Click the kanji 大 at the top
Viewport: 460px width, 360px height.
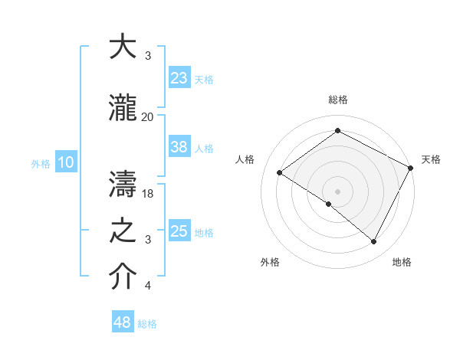coord(123,47)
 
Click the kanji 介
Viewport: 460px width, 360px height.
coord(123,277)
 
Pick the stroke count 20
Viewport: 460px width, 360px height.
coord(147,116)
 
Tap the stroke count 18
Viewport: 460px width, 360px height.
coord(149,194)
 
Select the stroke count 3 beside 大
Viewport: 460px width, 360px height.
coord(148,56)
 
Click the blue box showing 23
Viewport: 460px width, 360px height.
coord(179,77)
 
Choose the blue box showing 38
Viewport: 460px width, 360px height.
coord(179,147)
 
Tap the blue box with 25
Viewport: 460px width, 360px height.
coord(179,231)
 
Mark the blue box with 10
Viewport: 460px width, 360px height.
coord(65,162)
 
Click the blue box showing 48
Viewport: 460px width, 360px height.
coord(123,322)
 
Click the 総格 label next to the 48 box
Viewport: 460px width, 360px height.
coord(147,324)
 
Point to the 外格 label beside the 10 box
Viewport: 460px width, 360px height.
coord(40,163)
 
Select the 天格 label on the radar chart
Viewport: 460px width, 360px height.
coord(431,159)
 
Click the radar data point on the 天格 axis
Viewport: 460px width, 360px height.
coord(410,168)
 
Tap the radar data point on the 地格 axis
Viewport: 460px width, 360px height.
coord(374,242)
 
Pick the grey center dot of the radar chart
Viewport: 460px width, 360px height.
coord(337,191)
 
